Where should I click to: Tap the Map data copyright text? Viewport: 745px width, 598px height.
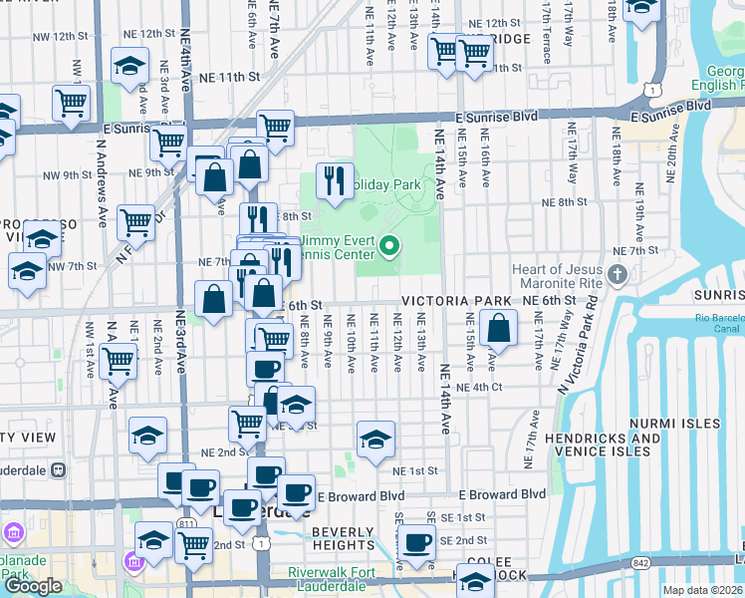(x=703, y=590)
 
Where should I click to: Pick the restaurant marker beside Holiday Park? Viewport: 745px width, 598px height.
(x=334, y=180)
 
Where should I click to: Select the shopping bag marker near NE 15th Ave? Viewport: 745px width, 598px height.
(x=497, y=328)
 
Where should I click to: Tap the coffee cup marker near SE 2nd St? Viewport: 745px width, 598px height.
(x=416, y=543)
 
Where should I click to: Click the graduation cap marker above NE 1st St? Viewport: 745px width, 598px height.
(x=374, y=439)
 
